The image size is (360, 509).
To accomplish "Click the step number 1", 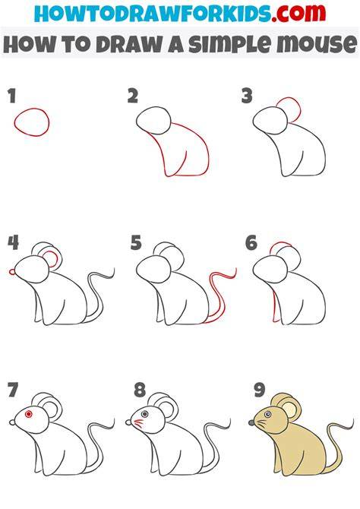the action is (12, 96).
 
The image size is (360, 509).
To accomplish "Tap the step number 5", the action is (136, 243).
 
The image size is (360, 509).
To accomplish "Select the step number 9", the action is (260, 390).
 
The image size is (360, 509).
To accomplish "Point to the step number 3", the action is (247, 96).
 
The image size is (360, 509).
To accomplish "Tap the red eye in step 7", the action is (29, 414).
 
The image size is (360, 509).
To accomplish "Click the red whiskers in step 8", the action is (139, 424).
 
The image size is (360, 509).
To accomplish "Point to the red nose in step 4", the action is (12, 271).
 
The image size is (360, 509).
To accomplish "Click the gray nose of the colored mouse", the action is (251, 422).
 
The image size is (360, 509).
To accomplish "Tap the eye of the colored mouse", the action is (267, 414).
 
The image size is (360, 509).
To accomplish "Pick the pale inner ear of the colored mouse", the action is (290, 409).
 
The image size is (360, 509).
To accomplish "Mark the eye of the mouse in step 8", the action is (145, 414).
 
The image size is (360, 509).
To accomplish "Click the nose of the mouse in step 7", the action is (12, 422).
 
